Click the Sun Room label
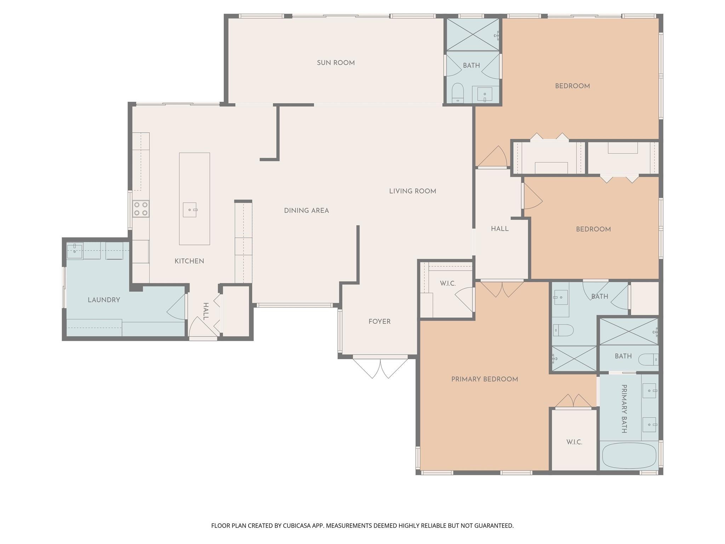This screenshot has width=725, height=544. click(336, 63)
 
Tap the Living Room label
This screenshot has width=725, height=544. click(412, 191)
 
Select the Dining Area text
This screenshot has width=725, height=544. click(306, 211)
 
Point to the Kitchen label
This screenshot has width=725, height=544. click(189, 261)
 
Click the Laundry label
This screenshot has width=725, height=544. click(104, 300)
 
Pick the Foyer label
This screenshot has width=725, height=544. click(379, 322)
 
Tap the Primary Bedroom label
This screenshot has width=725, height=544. click(485, 379)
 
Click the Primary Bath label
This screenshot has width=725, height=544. click(624, 409)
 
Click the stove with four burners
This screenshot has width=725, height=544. click(141, 209)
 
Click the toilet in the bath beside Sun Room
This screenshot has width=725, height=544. click(458, 93)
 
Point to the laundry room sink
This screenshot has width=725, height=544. click(75, 251)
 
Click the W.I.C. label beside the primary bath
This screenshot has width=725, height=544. click(574, 442)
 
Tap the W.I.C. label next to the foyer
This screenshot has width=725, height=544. click(448, 283)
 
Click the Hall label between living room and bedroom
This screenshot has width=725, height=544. click(500, 229)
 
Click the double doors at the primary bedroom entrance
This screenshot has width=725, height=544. click(502, 289)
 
